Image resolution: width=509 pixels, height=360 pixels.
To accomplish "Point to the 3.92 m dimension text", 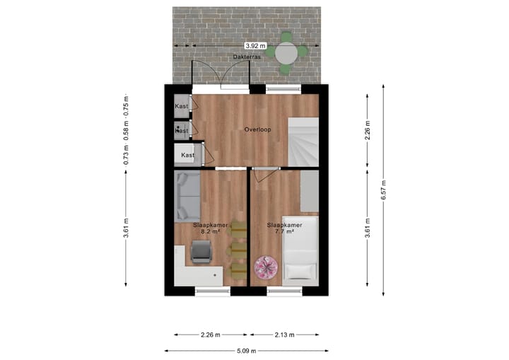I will coord(245,46).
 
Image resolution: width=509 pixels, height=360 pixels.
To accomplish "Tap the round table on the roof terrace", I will coord(287,52).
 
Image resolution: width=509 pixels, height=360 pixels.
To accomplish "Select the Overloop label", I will coord(257,129).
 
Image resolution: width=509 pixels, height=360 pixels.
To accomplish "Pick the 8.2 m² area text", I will coord(210,231).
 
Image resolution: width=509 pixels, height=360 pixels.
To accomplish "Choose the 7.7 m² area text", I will coord(284,231).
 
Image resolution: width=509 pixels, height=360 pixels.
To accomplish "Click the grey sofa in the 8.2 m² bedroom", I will coord(187,195).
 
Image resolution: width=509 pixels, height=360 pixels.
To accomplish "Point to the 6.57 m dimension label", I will coord(383,190).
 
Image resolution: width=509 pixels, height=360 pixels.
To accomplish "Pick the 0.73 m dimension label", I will coord(127,154).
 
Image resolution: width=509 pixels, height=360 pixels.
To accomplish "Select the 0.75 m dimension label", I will coord(127,105).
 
